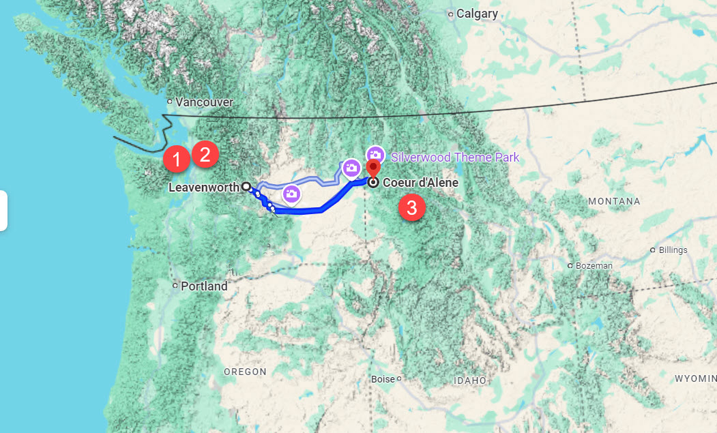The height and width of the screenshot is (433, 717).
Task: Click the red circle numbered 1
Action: pos(176,160)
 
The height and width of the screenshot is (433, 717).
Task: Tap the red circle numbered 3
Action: pos(411,207)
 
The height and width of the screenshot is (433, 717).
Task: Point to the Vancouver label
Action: pos(204,102)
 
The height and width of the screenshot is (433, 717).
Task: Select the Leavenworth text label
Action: pos(203,187)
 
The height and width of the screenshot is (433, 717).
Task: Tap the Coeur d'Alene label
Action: pos(420,183)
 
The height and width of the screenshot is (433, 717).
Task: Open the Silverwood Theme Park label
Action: pos(455,158)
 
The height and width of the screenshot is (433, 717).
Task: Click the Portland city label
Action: pos(204,286)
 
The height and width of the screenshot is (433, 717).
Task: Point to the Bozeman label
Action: pos(594,265)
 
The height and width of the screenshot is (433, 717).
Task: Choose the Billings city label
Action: pos(673,250)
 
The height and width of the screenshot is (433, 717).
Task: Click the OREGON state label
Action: pos(245,372)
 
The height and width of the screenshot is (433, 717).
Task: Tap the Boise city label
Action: pos(383,378)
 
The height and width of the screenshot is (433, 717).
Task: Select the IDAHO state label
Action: pos(471,380)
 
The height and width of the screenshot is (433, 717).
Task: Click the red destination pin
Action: pos(373,168)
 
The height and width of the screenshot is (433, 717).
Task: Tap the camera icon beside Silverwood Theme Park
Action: pos(375,155)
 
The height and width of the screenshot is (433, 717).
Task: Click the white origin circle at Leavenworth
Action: pos(245,186)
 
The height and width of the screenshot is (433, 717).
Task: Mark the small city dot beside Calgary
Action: pos(451,14)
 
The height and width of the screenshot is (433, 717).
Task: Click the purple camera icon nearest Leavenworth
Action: pos(291,194)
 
